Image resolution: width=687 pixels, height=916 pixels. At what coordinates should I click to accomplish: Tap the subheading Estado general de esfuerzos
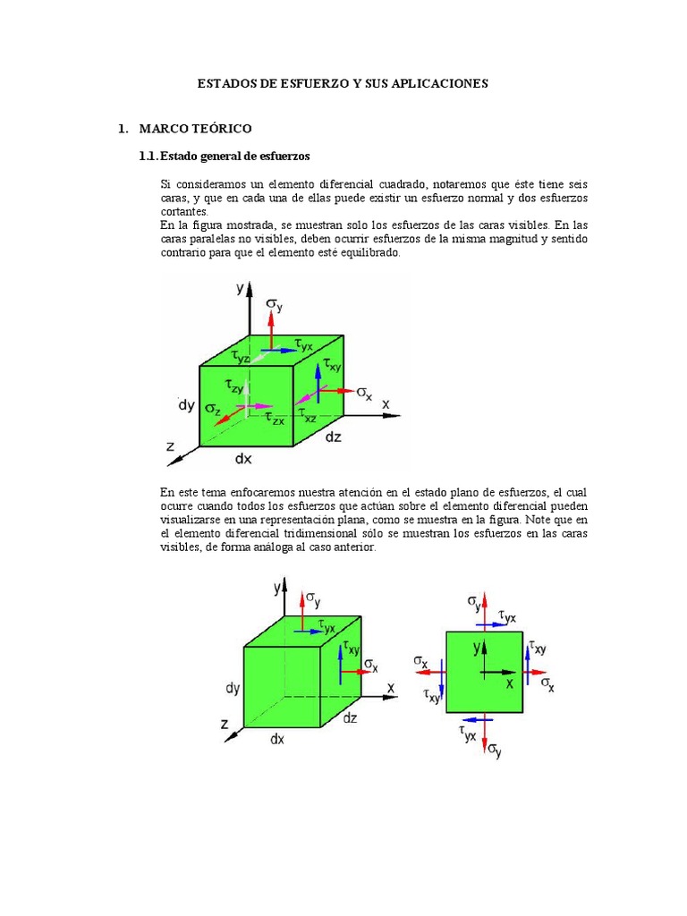pos(233,156)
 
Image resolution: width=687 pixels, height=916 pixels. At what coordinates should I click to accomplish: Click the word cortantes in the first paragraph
pos(184,211)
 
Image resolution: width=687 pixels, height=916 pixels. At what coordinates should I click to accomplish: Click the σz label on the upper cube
pos(213,408)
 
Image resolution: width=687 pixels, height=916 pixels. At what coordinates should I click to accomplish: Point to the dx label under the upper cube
pos(243,459)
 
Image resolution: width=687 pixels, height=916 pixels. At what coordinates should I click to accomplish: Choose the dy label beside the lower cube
pos(233,688)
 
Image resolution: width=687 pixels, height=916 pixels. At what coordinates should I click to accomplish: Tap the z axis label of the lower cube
pos(225,722)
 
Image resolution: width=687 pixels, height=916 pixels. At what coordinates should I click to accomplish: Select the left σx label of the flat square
pos(420,662)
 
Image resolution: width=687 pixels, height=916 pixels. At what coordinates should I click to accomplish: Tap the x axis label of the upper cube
pos(386,403)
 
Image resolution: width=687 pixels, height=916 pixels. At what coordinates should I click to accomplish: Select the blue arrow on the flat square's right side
pos(528,662)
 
